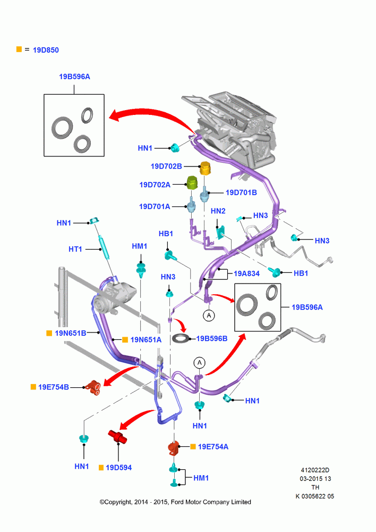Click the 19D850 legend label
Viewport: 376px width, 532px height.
(46, 50)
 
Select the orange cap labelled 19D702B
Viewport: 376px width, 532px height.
(204, 168)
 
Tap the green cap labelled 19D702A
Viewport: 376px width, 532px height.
(192, 183)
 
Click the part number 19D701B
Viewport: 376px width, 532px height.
(241, 193)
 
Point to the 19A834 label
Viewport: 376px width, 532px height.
(246, 273)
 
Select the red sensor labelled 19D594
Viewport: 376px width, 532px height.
(117, 436)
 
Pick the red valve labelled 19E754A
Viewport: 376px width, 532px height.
(174, 448)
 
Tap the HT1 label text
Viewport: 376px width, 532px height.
(75, 249)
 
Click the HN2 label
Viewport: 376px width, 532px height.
(218, 211)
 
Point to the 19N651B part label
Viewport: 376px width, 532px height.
(71, 333)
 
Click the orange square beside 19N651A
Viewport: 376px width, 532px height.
(125, 339)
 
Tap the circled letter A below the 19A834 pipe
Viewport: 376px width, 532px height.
(209, 315)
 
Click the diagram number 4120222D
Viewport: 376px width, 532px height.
(315, 470)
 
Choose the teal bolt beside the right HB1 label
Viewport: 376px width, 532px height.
(275, 271)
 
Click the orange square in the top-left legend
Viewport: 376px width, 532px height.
(19, 49)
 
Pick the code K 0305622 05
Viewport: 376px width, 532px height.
(315, 496)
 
